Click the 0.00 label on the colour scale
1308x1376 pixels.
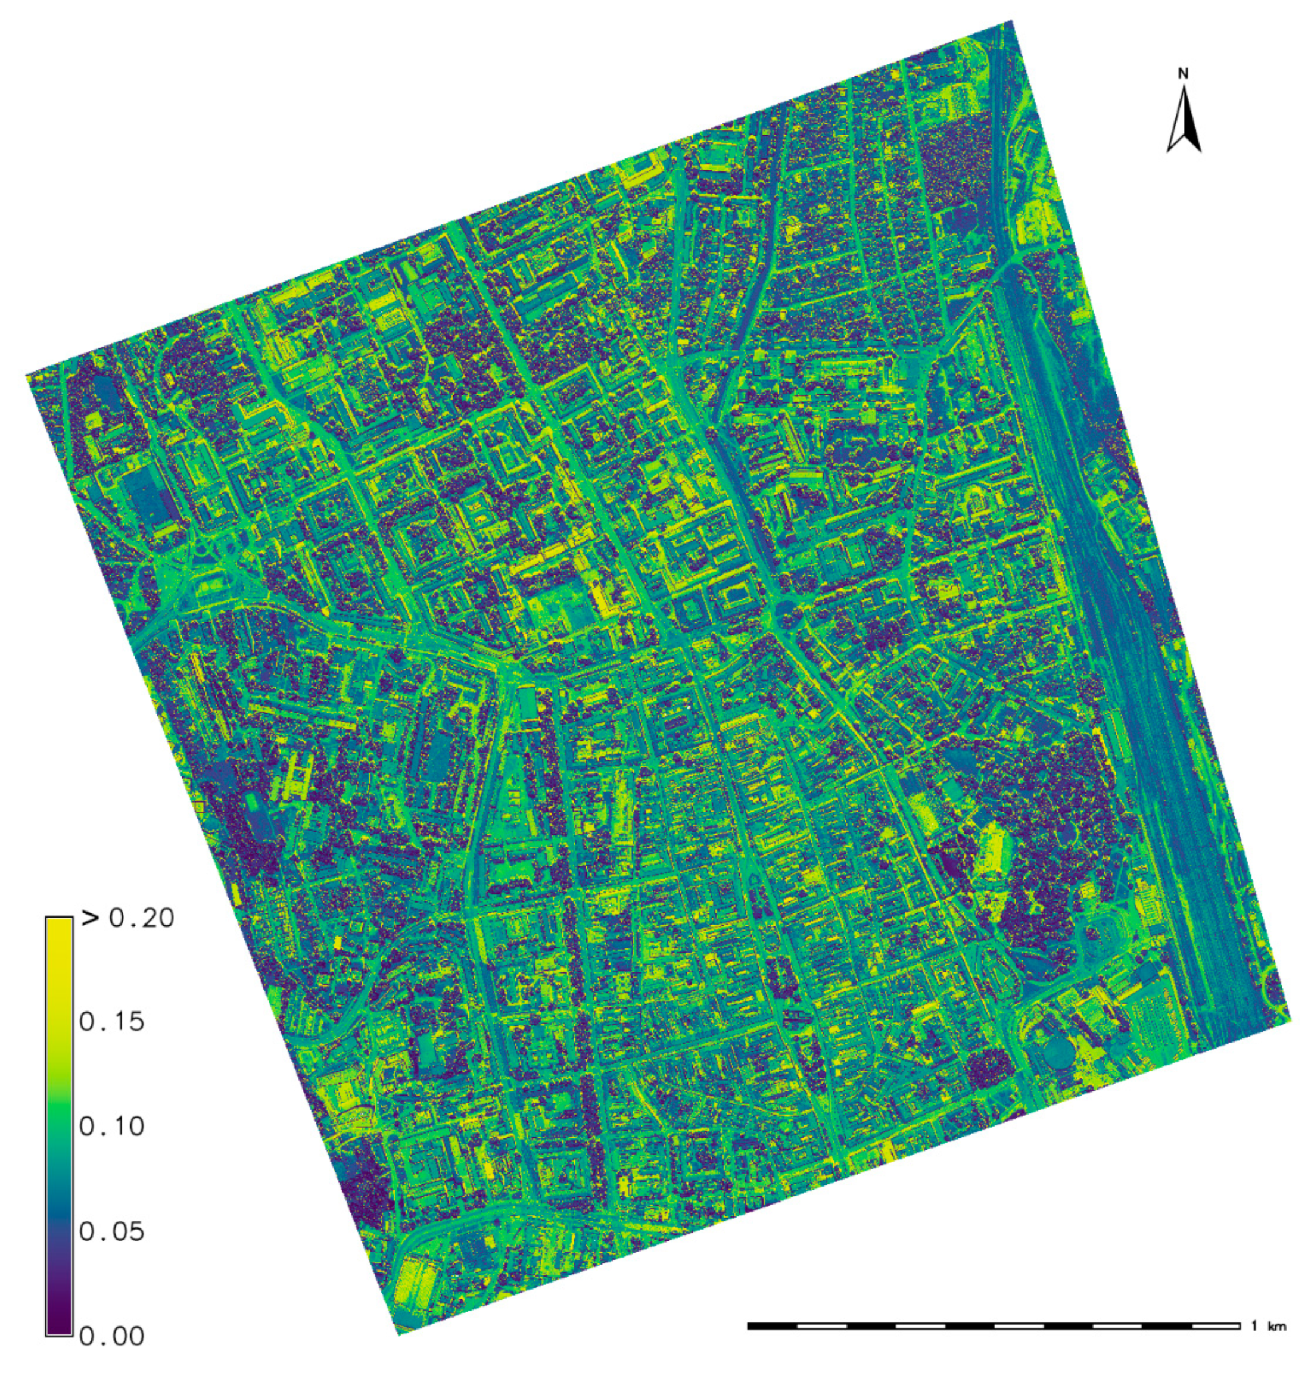tap(111, 1336)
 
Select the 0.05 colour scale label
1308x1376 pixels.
tap(111, 1231)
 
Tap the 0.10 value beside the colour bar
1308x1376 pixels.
tap(111, 1126)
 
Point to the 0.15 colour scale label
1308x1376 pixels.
tap(111, 1022)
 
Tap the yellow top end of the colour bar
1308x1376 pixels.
tap(58, 923)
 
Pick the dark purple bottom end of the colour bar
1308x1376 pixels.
tap(58, 1328)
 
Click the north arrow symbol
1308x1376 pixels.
tap(1184, 118)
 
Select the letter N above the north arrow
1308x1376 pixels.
tap(1183, 73)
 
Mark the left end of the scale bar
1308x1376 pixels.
tap(748, 1325)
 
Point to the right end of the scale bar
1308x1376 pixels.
tap(1240, 1325)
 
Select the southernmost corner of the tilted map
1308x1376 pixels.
tap(398, 1334)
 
